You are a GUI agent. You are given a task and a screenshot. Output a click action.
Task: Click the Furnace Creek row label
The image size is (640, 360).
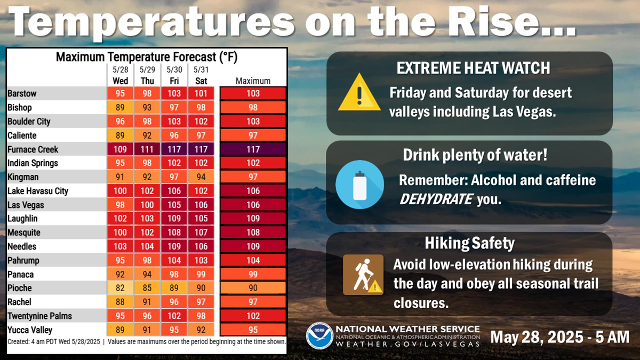(33, 149)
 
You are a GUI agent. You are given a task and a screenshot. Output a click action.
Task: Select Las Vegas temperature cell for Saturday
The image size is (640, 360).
(201, 205)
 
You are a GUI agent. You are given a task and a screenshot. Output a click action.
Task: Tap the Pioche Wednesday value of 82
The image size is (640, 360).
(120, 287)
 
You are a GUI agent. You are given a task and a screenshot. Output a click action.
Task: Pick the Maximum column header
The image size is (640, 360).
(253, 81)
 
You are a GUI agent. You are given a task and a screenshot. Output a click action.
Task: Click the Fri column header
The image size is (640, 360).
(174, 81)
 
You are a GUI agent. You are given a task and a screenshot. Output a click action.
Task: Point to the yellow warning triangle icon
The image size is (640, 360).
(359, 92)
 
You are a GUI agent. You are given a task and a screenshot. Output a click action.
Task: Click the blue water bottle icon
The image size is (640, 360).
(359, 185)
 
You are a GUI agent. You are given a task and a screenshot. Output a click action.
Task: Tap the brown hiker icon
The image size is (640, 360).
(363, 275)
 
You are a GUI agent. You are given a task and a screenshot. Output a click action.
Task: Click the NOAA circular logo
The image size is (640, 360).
(319, 336)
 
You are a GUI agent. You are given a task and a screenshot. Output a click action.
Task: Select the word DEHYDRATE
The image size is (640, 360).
(436, 199)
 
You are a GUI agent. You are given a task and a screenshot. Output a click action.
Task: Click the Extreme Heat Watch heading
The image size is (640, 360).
(473, 68)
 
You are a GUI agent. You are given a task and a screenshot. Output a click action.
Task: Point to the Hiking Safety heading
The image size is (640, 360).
(469, 243)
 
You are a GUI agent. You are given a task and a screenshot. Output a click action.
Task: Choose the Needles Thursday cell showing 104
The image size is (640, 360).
(147, 246)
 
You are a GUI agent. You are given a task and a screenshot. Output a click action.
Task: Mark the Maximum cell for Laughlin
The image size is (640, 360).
(253, 218)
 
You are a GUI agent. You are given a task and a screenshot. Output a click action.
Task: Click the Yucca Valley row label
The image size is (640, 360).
(30, 330)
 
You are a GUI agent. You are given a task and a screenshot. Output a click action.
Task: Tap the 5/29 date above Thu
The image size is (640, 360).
(147, 70)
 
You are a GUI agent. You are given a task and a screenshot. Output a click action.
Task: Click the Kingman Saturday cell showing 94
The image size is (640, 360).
(201, 177)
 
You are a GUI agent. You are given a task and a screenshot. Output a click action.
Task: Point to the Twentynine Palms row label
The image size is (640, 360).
(39, 316)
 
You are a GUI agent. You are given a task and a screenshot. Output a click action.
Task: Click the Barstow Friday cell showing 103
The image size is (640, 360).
(174, 93)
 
